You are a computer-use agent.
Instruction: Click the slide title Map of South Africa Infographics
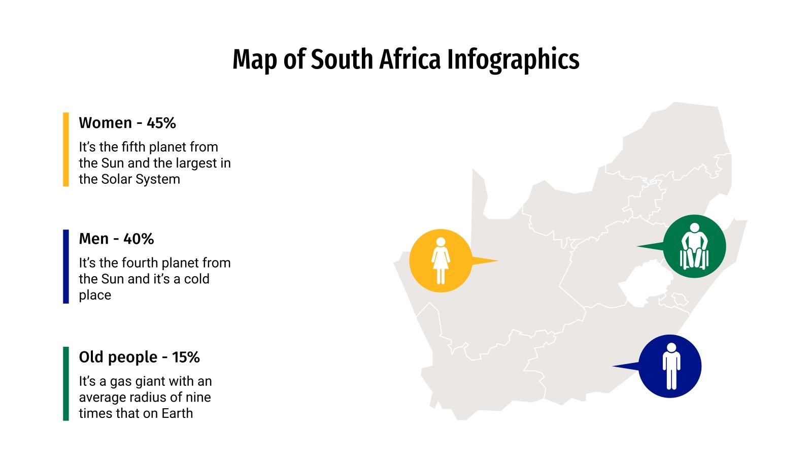pos(405,59)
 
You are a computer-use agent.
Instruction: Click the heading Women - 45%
pos(127,123)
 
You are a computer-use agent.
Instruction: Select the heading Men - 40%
pos(116,239)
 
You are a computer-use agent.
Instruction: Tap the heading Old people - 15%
pos(139,357)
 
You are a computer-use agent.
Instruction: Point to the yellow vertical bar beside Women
pos(66,149)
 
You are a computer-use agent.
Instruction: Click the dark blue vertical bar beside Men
pos(66,267)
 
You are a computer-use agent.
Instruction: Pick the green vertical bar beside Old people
pos(66,384)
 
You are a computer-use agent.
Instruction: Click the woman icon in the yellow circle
pos(441,260)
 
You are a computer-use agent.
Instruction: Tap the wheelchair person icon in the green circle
pos(694,246)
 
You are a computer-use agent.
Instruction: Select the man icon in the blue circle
pos(671,366)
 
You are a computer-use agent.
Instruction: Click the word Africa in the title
pos(410,59)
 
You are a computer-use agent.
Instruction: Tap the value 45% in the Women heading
pos(161,123)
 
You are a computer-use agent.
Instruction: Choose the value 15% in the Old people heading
pos(186,357)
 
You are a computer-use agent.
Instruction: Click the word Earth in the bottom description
pos(177,413)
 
